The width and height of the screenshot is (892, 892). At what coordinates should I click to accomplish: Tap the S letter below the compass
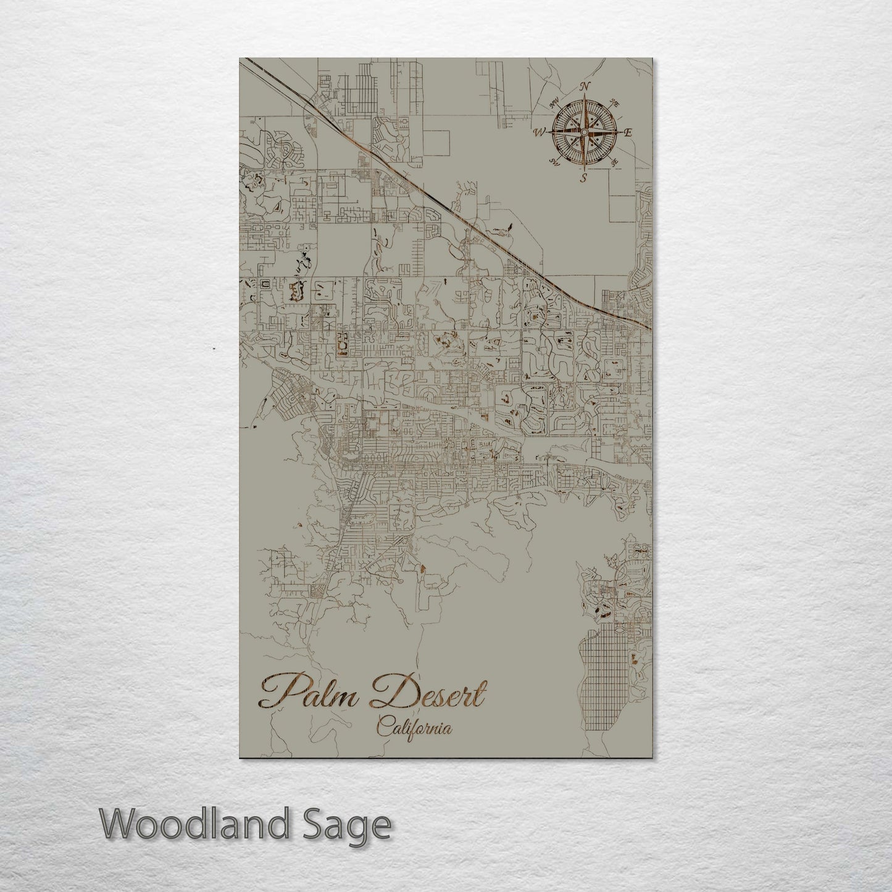(583, 178)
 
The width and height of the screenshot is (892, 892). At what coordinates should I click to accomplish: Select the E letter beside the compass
(628, 132)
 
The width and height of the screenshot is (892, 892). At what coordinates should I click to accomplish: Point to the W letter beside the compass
(539, 131)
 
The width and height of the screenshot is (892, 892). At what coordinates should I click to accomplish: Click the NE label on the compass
(614, 102)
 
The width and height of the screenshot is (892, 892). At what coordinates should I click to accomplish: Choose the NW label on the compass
(555, 102)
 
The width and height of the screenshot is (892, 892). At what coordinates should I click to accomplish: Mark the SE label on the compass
(614, 162)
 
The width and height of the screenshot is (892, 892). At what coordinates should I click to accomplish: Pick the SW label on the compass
(554, 161)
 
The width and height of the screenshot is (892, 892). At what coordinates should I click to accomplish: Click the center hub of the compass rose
(584, 131)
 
